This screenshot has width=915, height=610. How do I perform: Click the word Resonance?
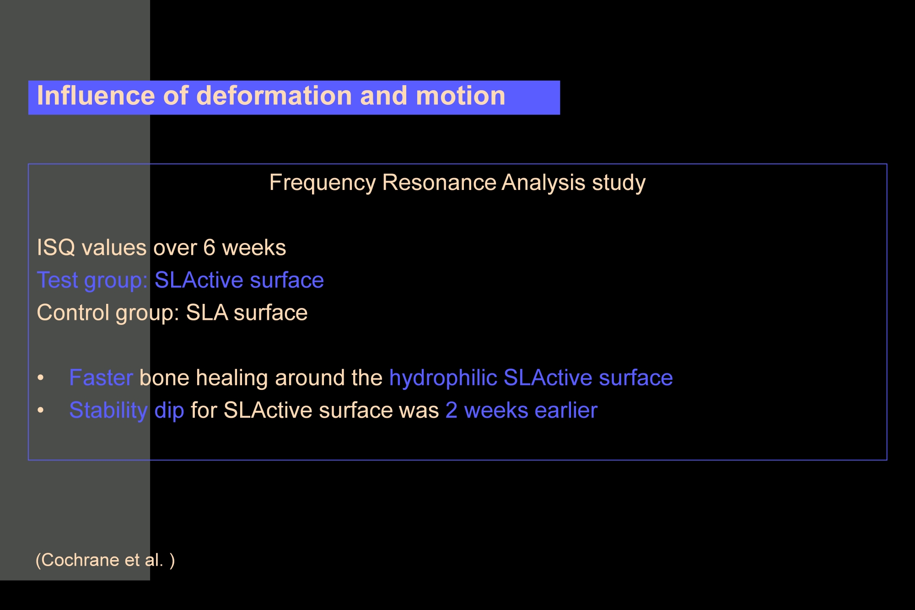point(439,182)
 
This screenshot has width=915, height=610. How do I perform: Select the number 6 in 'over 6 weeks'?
point(209,248)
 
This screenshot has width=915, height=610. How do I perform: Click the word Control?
point(73,313)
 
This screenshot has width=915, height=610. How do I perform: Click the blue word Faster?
point(101,378)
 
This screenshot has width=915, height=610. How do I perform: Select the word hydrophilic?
point(443,378)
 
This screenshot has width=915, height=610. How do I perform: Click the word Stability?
point(108,411)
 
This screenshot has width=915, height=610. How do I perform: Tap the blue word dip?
point(169,411)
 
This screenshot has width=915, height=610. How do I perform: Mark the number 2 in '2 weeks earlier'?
point(451,410)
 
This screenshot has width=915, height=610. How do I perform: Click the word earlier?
point(566,410)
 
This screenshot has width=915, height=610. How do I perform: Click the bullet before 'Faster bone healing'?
point(41,378)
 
